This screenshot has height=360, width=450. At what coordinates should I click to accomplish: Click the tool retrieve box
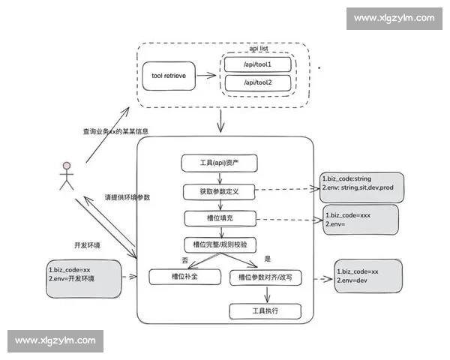(x=173, y=75)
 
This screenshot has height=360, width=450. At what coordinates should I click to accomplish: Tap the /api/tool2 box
(x=257, y=82)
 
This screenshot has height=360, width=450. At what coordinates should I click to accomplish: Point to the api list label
(x=259, y=47)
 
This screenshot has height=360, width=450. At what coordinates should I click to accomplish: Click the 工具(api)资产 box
(x=218, y=163)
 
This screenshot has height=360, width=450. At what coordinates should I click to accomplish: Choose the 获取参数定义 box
(x=218, y=191)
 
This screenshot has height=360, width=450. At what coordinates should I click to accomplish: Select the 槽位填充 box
(x=218, y=218)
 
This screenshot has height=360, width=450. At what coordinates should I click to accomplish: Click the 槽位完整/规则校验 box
(x=219, y=244)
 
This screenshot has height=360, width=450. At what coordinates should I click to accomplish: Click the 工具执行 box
(x=264, y=310)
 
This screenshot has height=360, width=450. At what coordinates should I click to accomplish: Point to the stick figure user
(x=67, y=176)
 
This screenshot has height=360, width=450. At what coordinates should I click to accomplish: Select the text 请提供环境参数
(x=127, y=197)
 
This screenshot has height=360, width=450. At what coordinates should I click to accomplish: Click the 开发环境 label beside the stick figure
(x=87, y=244)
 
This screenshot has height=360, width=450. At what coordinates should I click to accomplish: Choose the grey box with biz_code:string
(x=360, y=184)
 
